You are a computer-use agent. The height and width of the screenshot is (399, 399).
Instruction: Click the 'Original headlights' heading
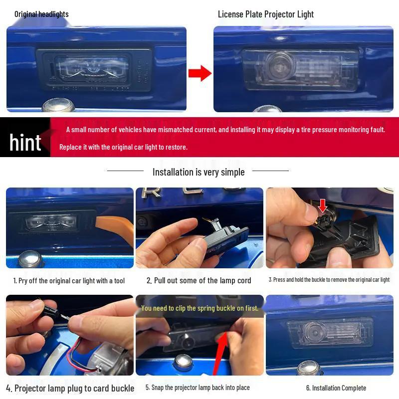(41, 14)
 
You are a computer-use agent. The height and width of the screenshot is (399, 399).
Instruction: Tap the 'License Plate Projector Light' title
(266, 14)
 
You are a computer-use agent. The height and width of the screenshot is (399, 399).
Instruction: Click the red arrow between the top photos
(199, 73)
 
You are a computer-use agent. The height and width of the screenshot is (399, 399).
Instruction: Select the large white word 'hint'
(25, 143)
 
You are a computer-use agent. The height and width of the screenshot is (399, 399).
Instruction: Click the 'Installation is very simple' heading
(199, 172)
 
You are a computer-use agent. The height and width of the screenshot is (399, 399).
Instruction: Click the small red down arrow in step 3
(323, 205)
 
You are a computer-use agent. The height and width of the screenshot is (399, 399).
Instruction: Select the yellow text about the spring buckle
(199, 308)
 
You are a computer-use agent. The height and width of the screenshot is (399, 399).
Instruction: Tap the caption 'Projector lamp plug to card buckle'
(70, 388)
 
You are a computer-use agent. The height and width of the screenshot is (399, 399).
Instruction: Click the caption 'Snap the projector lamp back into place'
(198, 388)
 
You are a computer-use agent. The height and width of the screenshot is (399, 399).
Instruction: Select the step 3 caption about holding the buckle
(329, 280)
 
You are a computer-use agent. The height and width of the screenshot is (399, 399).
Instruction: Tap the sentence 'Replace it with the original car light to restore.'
(123, 147)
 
